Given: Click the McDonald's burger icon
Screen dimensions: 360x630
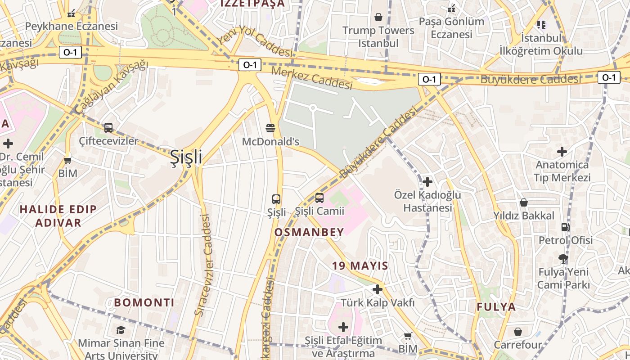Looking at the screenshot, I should (x=270, y=128).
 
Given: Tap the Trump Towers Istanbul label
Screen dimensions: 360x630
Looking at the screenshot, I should (x=378, y=37).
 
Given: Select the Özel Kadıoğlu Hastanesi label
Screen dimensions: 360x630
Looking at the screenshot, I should (x=427, y=201).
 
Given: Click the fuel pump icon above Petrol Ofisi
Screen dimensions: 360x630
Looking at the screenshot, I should (x=565, y=227).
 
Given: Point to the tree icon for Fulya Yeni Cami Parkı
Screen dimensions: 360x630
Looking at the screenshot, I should (x=562, y=258).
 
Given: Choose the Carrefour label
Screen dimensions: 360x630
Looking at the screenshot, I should (x=517, y=345).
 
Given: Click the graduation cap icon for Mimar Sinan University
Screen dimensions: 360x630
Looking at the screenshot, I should (x=121, y=330).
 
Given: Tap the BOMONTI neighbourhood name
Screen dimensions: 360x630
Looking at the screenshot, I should (x=144, y=302).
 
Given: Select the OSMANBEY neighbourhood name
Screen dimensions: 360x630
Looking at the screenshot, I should (x=309, y=232).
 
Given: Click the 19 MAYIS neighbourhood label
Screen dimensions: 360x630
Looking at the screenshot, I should (x=360, y=265).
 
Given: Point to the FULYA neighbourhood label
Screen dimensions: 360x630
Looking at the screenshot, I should (x=496, y=307).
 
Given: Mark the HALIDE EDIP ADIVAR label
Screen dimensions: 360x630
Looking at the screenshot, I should (x=58, y=216).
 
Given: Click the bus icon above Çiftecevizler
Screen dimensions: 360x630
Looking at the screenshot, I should (x=108, y=127).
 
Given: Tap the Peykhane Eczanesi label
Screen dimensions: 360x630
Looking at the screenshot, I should (x=71, y=26).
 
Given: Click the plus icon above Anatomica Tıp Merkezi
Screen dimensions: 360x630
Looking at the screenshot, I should (x=562, y=152).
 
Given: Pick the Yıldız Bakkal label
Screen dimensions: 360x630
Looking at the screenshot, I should (x=524, y=216).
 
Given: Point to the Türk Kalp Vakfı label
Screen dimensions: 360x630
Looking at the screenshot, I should (x=378, y=302).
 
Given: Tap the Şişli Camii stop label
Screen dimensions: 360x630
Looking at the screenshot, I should (x=319, y=211).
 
